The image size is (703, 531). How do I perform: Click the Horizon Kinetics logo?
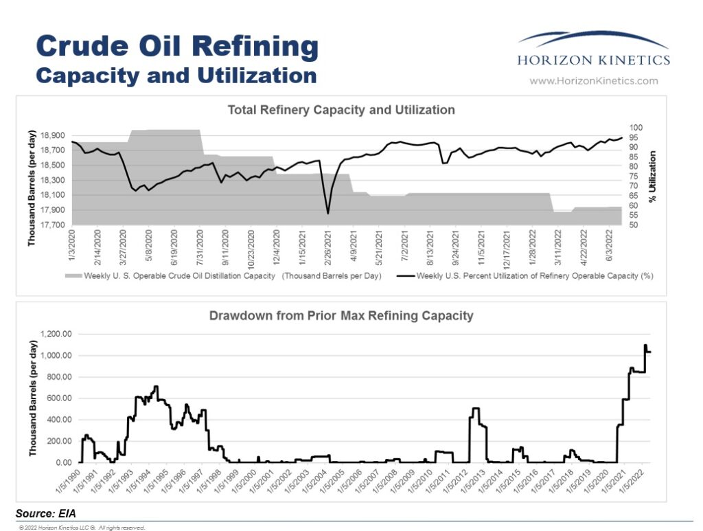coord(593,50)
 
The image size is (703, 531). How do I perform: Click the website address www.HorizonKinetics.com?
coord(593,81)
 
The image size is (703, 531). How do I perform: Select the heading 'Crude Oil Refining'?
coord(176,47)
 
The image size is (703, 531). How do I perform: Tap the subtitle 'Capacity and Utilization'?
coord(176,75)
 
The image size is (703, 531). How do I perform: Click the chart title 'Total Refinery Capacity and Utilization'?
coord(341,110)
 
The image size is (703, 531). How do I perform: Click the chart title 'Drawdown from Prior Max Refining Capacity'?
coord(341,316)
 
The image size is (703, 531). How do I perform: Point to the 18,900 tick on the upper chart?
coord(53,136)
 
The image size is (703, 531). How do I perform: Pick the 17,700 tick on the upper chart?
coord(53,225)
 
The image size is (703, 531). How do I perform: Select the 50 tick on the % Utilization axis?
coord(635,225)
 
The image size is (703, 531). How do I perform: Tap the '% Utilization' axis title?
coord(653,177)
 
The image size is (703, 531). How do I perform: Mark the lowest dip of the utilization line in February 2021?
coord(327,214)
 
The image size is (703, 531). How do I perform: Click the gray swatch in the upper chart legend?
coord(73,276)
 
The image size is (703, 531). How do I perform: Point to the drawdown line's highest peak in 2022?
coord(645,345)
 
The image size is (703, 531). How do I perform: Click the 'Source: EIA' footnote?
coord(45,513)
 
